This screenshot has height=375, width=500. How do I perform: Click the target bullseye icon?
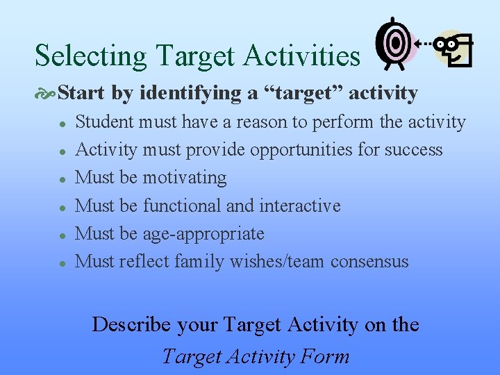pyautogui.click(x=395, y=44)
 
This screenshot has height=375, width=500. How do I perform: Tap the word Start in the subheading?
pyautogui.click(x=81, y=92)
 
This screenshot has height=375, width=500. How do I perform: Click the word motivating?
pyautogui.click(x=185, y=178)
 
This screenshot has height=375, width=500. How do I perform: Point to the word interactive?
pyautogui.click(x=300, y=206)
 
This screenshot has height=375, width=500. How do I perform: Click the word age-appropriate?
pyautogui.click(x=203, y=234)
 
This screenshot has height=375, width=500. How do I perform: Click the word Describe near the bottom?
pyautogui.click(x=132, y=324)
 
